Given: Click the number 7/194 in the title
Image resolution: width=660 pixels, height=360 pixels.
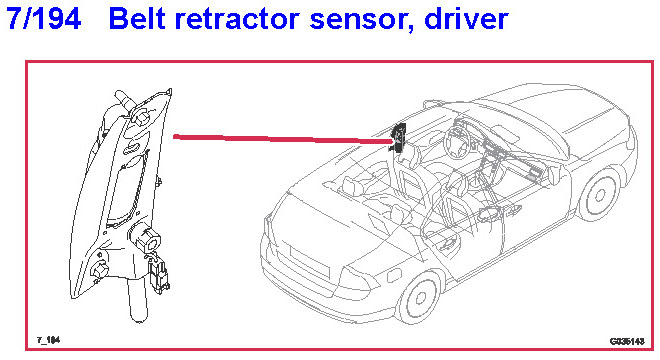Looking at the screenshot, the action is point(44,19).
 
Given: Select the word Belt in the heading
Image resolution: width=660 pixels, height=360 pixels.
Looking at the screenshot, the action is point(138,19).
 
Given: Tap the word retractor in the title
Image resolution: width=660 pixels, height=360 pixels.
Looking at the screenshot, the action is point(238,19).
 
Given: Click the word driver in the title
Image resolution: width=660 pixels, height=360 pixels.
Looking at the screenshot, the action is point(466,19).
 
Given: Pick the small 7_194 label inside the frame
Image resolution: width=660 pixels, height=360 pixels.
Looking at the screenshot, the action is point(48,340).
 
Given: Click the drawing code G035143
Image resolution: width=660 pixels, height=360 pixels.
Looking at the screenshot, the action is point(627,341).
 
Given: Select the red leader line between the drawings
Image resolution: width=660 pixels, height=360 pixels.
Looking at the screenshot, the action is point(283,139).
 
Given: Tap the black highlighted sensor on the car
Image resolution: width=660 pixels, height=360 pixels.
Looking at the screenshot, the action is point(398,137).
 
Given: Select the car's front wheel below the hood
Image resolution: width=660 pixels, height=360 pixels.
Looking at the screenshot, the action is point(599,195).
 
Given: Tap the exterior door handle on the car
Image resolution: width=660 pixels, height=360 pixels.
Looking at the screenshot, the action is point(514,210).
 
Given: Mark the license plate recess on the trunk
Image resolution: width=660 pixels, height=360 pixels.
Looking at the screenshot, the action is point(309,262).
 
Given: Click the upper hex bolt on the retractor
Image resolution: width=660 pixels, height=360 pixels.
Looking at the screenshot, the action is point(140,115).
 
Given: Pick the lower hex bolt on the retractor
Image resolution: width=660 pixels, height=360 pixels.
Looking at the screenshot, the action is point(99,269).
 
